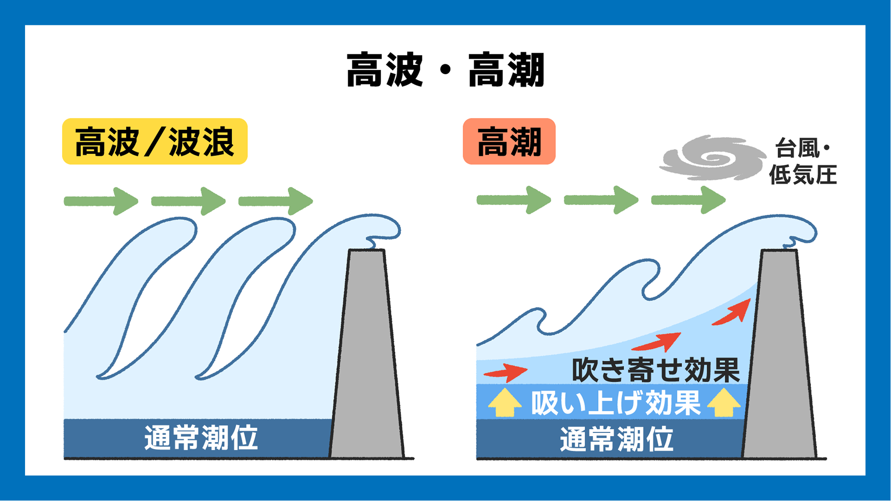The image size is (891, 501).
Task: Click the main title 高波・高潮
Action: click(445, 70)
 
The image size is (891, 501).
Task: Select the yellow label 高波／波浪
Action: click(155, 141)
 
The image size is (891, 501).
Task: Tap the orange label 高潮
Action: click(509, 141)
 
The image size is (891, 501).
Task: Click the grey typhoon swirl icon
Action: click(712, 158)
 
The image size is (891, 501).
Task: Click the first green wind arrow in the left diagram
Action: click(101, 201)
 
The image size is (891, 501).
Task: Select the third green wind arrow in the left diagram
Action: click(276, 201)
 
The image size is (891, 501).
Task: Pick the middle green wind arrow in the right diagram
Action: click(601, 200)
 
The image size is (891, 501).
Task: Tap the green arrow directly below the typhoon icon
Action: click(688, 200)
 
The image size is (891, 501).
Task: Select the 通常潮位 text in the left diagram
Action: click(201, 437)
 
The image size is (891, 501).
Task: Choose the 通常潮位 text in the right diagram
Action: click(616, 439)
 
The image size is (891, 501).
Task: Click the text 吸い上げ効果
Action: click(616, 403)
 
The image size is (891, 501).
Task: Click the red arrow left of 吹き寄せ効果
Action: click(506, 372)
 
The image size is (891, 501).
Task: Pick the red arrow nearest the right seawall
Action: click(733, 313)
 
